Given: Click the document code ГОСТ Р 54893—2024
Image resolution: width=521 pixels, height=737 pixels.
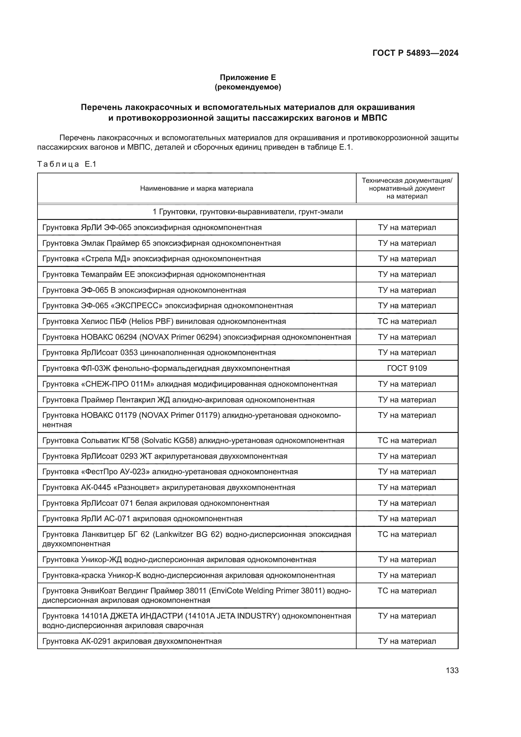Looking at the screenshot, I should coord(415,53).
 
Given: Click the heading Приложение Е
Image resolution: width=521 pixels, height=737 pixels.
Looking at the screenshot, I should coord(247,78).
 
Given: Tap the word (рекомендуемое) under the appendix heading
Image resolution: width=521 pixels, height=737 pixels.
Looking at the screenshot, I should coord(247,87).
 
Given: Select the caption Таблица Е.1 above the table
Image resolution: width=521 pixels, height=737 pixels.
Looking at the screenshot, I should coord(67,164).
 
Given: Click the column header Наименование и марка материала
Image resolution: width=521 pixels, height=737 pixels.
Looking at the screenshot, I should coord(196,188).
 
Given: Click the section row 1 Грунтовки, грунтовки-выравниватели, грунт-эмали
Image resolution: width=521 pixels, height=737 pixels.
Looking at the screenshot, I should coord(247,212).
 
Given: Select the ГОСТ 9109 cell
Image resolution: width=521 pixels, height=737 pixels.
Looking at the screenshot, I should coord(407,368).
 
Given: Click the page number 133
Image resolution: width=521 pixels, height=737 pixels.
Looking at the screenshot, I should coord(452,671).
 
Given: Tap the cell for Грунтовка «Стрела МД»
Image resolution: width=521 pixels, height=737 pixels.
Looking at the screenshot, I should coord(152,259).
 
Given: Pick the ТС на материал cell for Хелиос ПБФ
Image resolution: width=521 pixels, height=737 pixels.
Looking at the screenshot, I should coord(407,321).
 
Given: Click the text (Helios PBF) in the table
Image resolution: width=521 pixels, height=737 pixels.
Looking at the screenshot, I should coord(151,321).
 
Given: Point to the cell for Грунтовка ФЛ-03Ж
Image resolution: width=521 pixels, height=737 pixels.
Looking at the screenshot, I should coord(166,368).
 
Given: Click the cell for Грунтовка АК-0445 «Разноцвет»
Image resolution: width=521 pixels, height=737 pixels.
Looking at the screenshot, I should coord(169,487).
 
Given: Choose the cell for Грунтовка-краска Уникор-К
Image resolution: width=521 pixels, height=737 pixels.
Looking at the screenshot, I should coord(188,575).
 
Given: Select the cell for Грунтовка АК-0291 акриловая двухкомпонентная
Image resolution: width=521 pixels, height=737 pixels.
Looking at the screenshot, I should coord(132,641).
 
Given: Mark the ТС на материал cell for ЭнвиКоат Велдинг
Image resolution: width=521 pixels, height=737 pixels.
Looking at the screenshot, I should coord(407,591).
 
